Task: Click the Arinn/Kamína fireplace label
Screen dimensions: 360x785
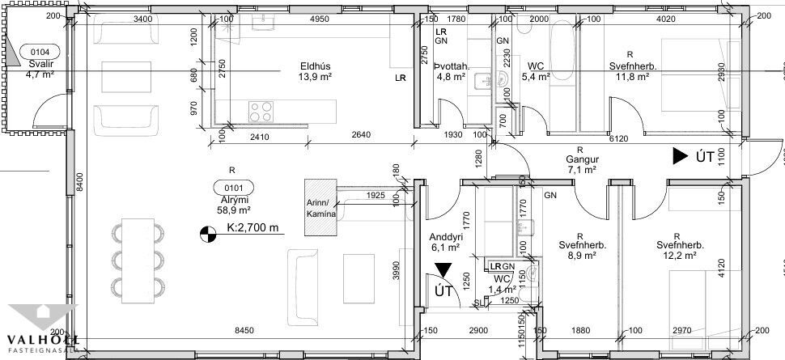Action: (321, 207)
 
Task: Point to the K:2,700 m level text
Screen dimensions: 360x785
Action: (252, 228)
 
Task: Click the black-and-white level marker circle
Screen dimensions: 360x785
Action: (207, 235)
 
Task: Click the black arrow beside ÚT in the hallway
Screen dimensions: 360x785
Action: (679, 157)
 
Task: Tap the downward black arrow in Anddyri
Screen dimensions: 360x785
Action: (442, 271)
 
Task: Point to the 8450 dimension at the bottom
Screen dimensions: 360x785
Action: (246, 330)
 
